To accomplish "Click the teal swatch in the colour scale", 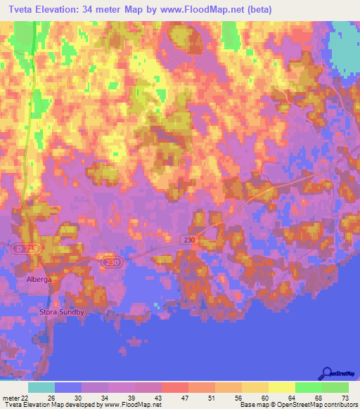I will click(x=41, y=387).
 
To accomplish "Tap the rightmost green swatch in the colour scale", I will click(x=335, y=387).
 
